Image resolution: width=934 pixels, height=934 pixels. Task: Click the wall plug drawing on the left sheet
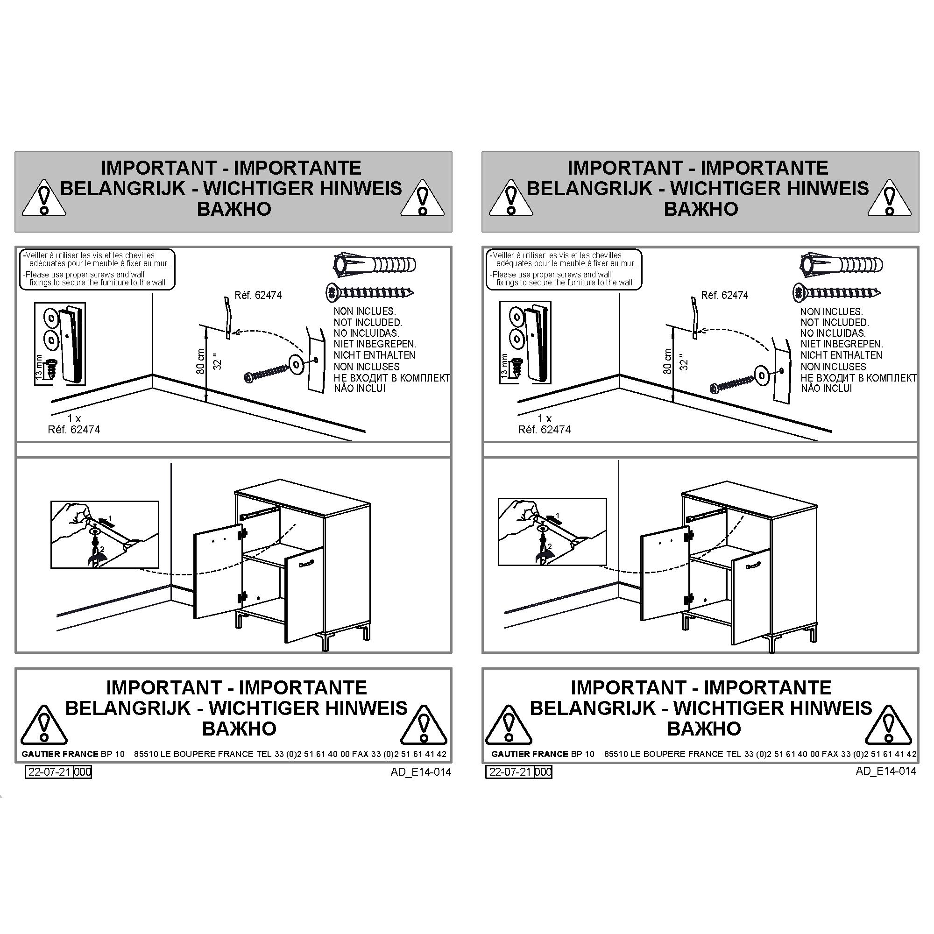[375, 264]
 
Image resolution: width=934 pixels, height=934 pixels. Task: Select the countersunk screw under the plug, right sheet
[836, 293]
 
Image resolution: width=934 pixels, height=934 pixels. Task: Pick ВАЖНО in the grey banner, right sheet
[701, 209]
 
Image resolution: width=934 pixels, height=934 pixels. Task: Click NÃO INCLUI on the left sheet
[360, 388]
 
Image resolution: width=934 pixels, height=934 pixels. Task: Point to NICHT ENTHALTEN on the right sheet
[841, 355]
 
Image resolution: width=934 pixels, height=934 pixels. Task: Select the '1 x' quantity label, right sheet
[545, 418]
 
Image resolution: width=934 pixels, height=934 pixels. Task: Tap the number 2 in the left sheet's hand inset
[102, 549]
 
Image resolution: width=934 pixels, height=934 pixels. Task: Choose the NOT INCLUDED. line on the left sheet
[368, 322]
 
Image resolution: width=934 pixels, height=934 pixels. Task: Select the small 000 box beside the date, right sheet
[544, 771]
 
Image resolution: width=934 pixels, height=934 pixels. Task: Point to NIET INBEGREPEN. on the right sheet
[842, 344]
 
